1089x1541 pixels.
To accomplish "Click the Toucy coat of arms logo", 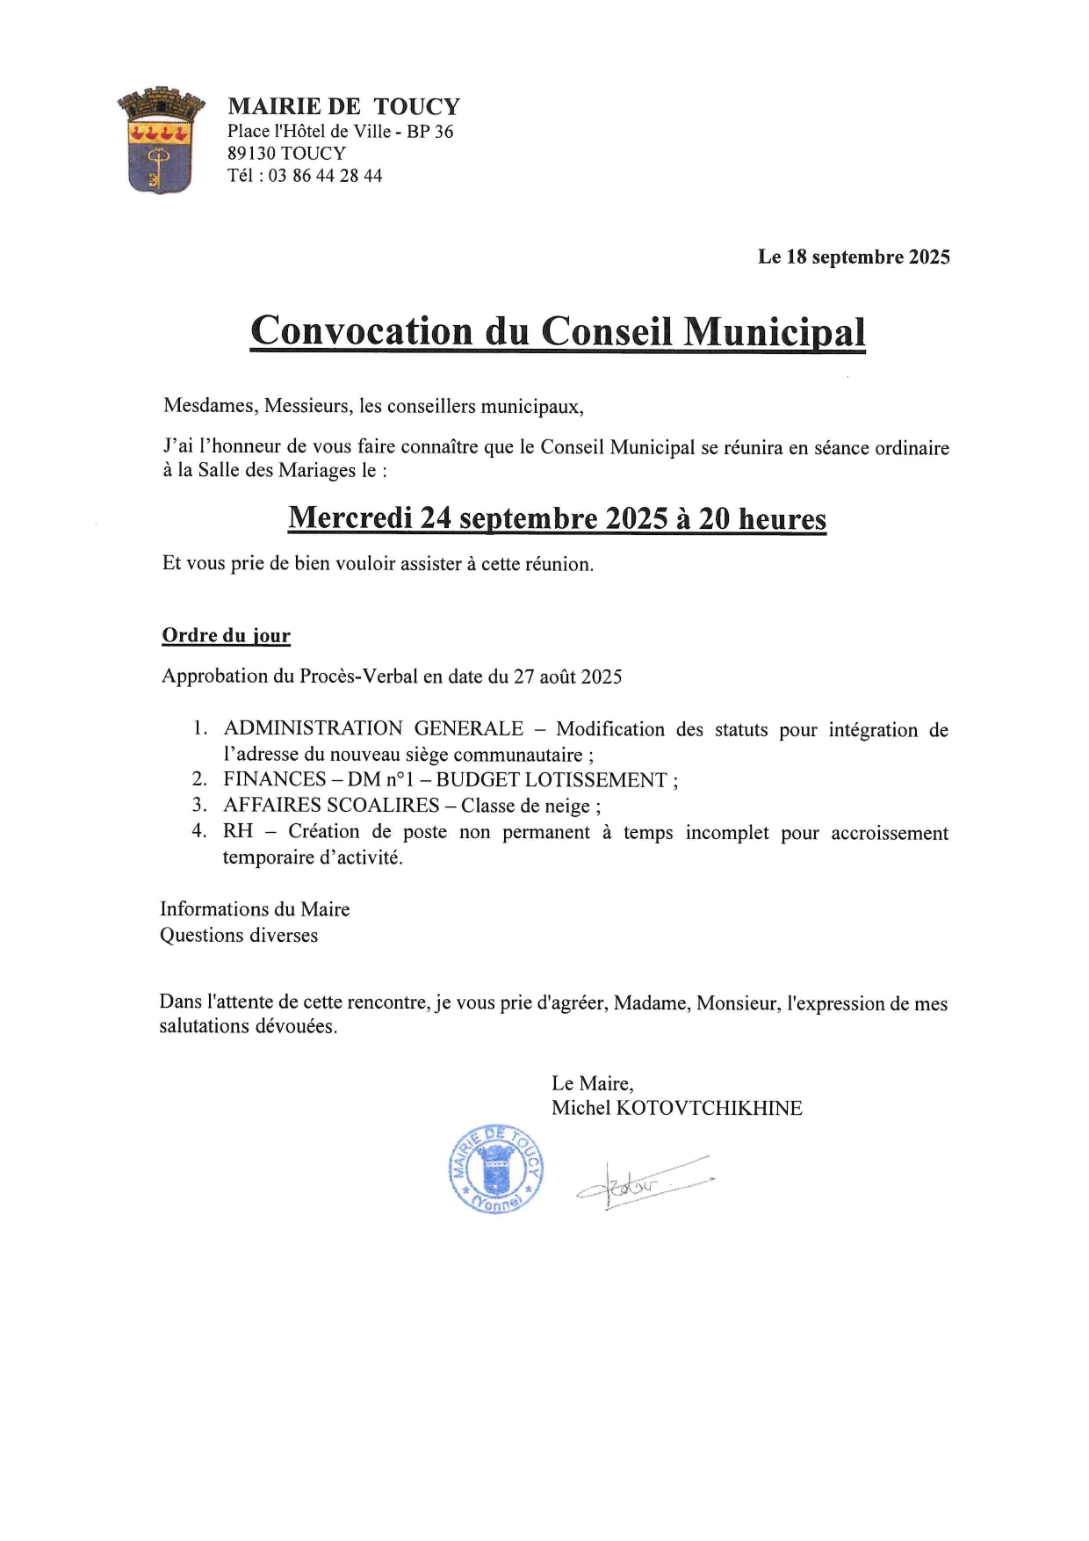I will tap(161, 141).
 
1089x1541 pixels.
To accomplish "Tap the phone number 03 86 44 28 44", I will tap(325, 176).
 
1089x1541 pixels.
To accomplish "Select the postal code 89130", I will tap(251, 154).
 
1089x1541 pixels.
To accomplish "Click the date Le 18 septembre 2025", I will tap(854, 257).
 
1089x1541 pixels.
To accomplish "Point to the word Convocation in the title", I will tap(361, 331).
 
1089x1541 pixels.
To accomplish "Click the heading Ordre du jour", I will tap(226, 636).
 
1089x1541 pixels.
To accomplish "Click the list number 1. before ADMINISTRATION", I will tap(201, 728).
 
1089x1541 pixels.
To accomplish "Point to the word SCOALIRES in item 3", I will tap(383, 805).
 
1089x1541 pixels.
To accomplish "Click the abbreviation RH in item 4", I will tap(238, 831).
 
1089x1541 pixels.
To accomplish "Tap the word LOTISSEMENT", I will tap(595, 779).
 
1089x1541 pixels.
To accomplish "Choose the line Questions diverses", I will tap(239, 935).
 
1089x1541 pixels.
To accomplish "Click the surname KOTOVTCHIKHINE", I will tap(710, 1108).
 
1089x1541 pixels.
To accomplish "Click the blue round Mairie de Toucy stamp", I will tap(495, 1169).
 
